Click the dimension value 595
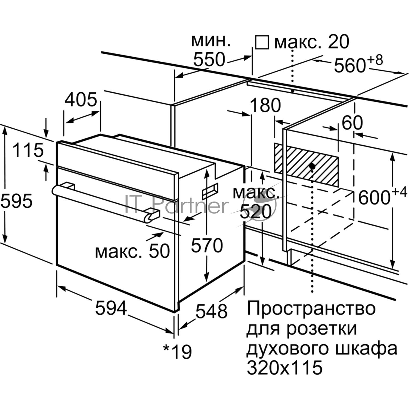click(16, 201)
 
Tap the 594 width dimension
click(111, 308)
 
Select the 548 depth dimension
click(212, 311)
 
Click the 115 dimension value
click(28, 150)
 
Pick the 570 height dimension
click(207, 245)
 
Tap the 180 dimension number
click(265, 105)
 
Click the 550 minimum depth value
click(209, 59)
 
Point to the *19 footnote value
click(177, 351)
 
